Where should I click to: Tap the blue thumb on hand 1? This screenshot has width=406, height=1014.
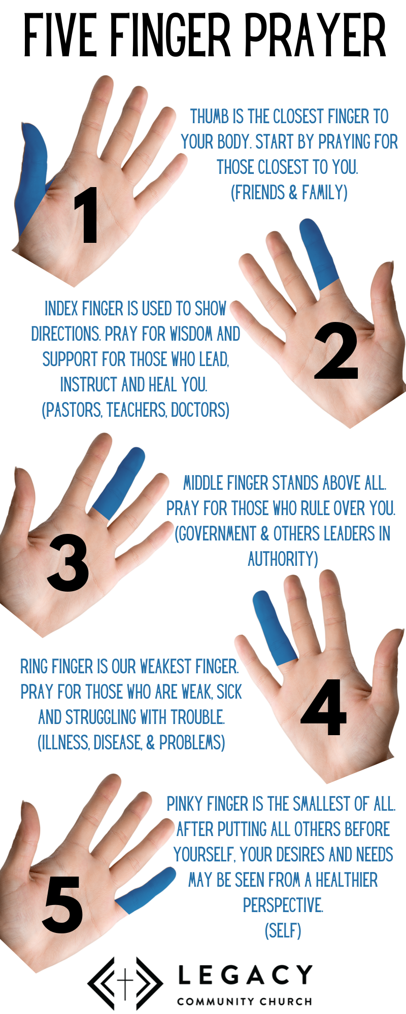(32, 175)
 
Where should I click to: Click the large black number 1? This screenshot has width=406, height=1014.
(86, 215)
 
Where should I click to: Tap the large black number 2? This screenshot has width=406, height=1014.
(336, 350)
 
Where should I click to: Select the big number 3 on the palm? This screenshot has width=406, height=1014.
(68, 562)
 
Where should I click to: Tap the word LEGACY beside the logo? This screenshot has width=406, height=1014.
(245, 974)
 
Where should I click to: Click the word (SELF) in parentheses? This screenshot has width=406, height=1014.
(283, 931)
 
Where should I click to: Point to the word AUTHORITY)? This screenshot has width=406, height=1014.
(283, 559)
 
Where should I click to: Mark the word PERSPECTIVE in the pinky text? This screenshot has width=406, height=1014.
(283, 905)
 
